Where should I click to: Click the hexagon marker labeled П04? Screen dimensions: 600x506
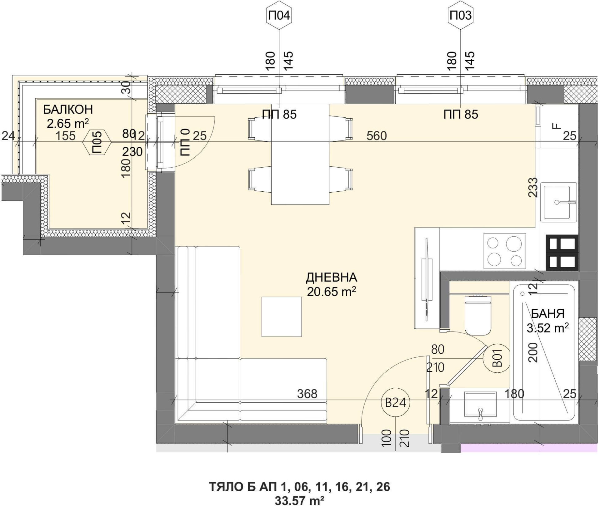(279, 16)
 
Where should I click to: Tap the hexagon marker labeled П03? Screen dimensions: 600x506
(461, 16)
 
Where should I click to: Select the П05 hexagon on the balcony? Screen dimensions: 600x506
(97, 142)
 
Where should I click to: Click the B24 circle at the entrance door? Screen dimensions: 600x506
(395, 403)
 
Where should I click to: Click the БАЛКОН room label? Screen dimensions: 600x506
(68, 110)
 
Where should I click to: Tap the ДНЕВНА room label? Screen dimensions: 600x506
(332, 277)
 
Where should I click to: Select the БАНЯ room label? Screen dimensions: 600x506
(548, 314)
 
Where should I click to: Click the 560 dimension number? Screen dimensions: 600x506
(377, 136)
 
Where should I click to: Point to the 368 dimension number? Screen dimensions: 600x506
(307, 394)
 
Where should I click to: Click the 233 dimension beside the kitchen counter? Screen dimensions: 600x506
(533, 187)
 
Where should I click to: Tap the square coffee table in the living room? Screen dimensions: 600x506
(282, 317)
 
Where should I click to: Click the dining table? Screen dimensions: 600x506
(300, 154)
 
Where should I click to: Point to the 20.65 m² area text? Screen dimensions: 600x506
(332, 292)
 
